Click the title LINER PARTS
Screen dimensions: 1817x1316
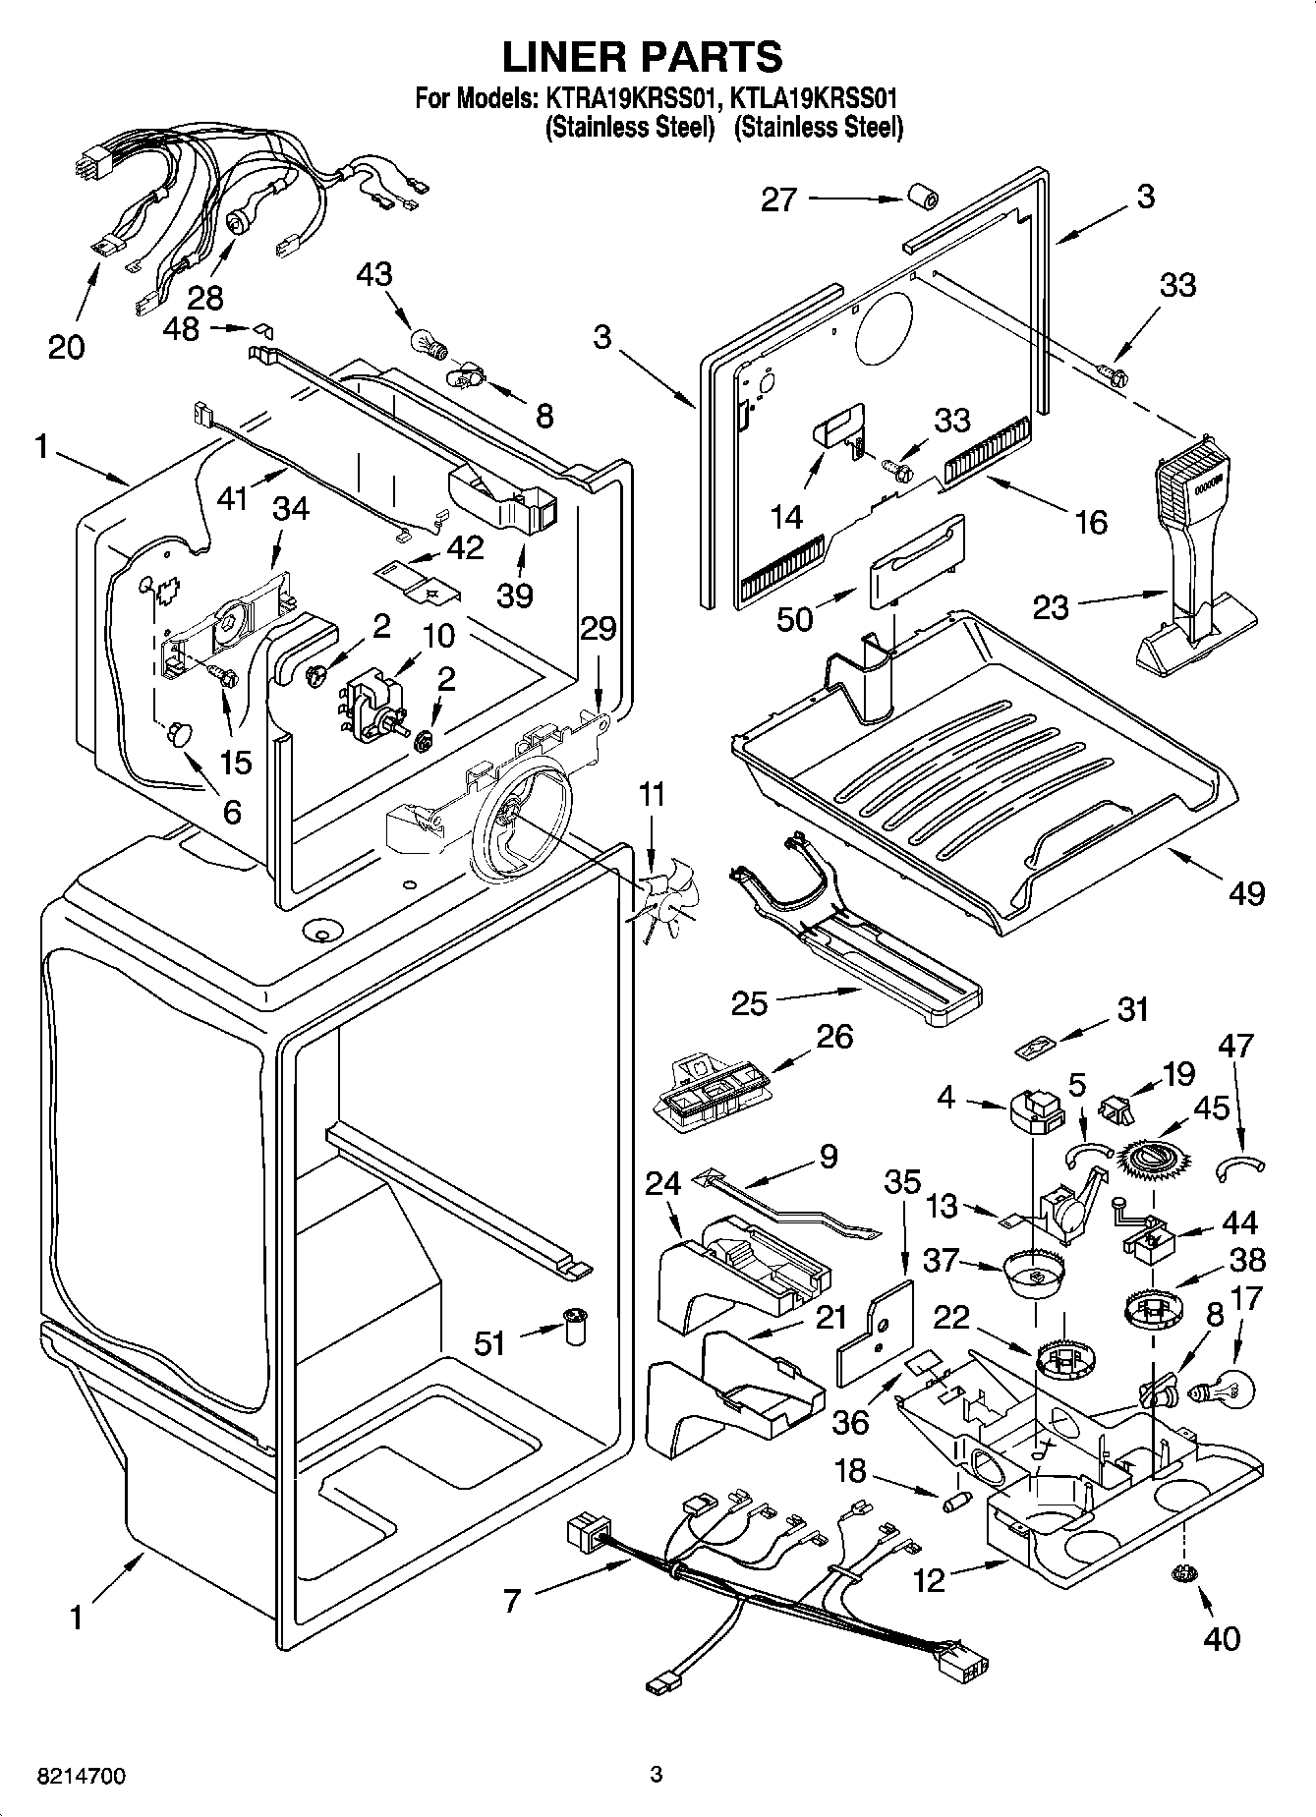[643, 57]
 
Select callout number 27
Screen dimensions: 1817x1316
[779, 200]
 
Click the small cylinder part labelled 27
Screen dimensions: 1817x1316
[922, 198]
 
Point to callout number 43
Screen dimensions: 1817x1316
[374, 274]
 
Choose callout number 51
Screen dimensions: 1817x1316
[489, 1342]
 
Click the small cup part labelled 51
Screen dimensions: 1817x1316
[572, 1327]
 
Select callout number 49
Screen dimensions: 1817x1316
[1246, 892]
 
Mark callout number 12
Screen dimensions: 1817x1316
[929, 1579]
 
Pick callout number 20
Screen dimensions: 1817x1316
[67, 347]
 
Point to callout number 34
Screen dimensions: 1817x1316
[291, 509]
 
